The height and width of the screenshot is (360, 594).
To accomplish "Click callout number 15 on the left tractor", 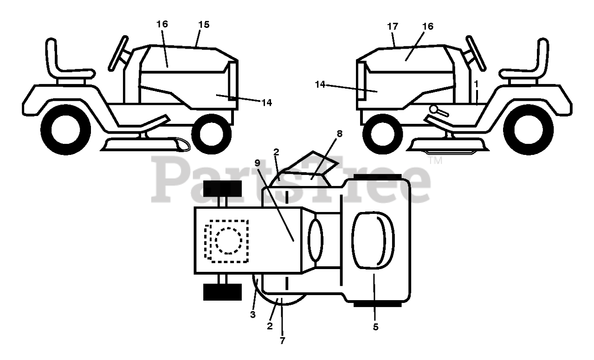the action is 204,25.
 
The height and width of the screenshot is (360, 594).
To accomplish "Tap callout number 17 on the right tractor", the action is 393,26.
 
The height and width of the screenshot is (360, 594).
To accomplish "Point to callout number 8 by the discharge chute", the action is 340,134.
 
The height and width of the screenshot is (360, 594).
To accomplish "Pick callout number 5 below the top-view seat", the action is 375,327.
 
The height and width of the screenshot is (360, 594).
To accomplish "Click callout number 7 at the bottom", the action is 282,341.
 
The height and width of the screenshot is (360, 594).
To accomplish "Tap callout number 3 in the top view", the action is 253,315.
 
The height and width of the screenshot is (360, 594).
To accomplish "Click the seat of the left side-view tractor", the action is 65,65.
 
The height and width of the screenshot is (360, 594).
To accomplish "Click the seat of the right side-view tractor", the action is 529,65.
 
